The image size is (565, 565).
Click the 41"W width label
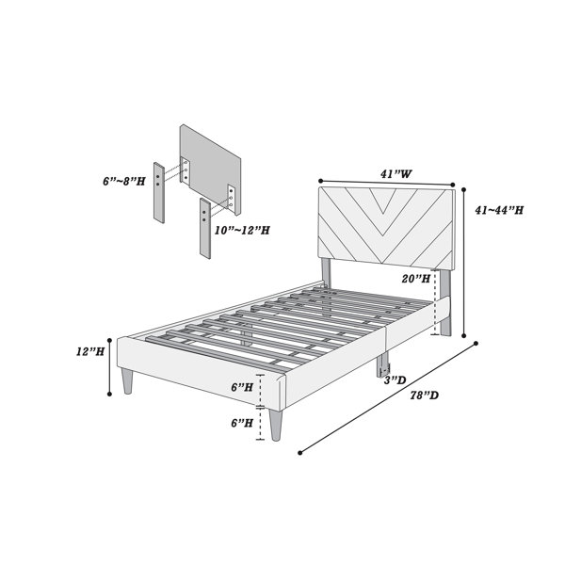pyautogui.click(x=396, y=174)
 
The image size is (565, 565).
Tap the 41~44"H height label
pyautogui.click(x=499, y=210)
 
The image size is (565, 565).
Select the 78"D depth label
pyautogui.click(x=425, y=395)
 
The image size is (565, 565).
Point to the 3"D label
pyautogui.click(x=395, y=380)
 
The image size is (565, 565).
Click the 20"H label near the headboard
pyautogui.click(x=416, y=278)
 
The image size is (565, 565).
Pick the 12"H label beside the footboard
pyautogui.click(x=90, y=351)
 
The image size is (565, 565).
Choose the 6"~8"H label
pyautogui.click(x=124, y=181)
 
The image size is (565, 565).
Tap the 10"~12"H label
pyautogui.click(x=242, y=231)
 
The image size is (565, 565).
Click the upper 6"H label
pyautogui.click(x=242, y=387)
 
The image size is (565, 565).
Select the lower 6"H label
pyautogui.click(x=242, y=423)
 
